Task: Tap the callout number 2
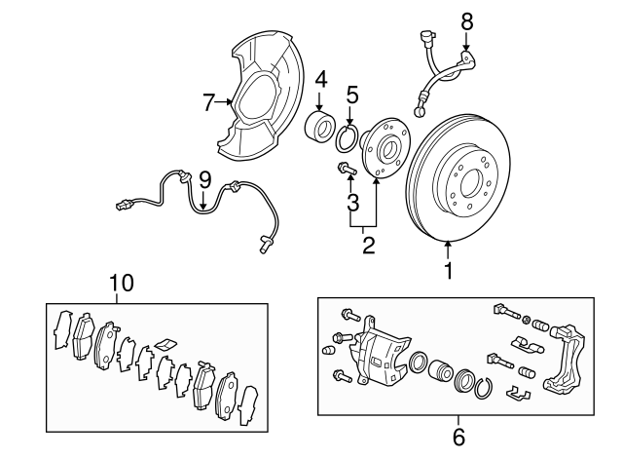click(x=368, y=245)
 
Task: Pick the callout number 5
click(x=352, y=95)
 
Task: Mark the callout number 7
click(x=207, y=100)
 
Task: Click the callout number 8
click(x=466, y=19)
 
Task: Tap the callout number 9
click(x=204, y=179)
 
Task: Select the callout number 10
click(x=121, y=283)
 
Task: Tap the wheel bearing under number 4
click(x=319, y=128)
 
